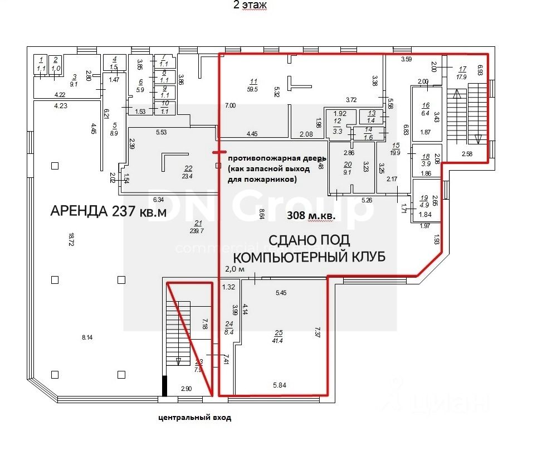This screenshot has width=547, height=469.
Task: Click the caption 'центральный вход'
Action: [194, 417]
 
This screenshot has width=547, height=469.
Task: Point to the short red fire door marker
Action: [218, 151]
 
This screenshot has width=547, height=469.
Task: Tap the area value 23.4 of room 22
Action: [187, 176]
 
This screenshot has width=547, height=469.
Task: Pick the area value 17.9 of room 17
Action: [461, 77]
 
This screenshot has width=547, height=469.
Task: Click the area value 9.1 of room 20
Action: [348, 172]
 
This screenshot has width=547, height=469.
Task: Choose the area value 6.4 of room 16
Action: [426, 113]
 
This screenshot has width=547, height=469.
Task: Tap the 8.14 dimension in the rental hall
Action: [87, 336]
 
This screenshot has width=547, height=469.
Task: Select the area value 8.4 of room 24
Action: [229, 332]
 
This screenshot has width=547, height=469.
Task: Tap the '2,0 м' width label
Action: [235, 269]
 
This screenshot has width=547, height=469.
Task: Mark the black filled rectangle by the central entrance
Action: [164, 385]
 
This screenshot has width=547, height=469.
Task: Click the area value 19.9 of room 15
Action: [396, 152]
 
